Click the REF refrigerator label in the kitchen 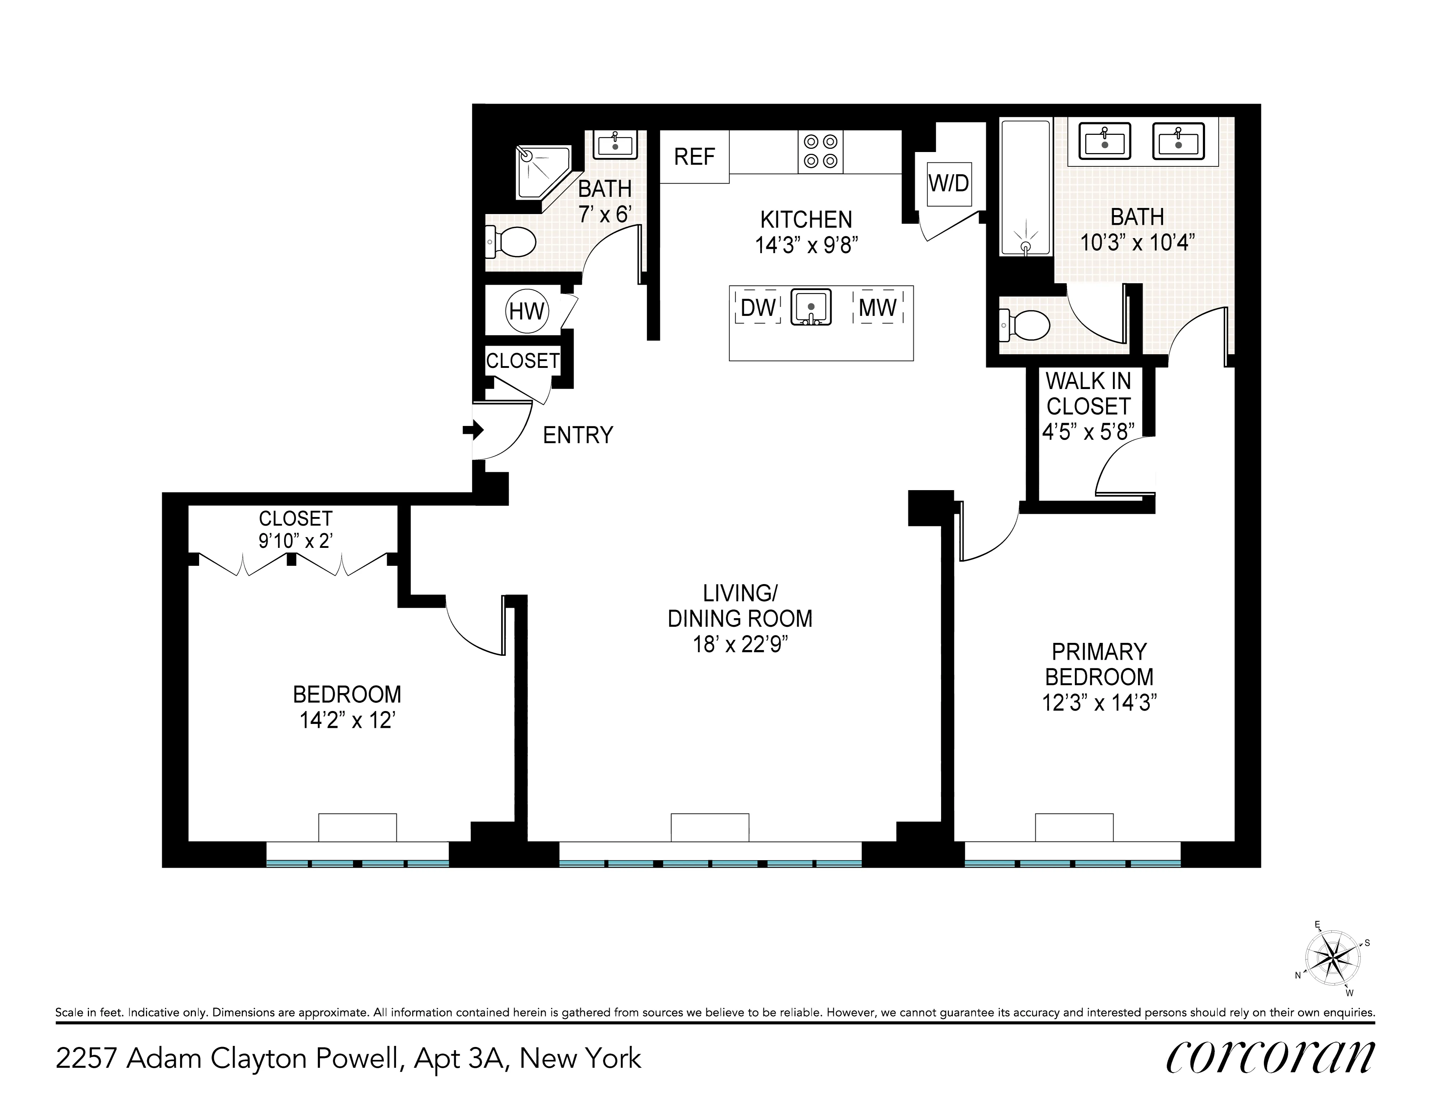[694, 157]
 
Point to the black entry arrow [473, 430]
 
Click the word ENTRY [577, 435]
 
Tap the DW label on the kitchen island [757, 308]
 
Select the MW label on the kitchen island [878, 308]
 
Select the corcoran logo [1269, 1057]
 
